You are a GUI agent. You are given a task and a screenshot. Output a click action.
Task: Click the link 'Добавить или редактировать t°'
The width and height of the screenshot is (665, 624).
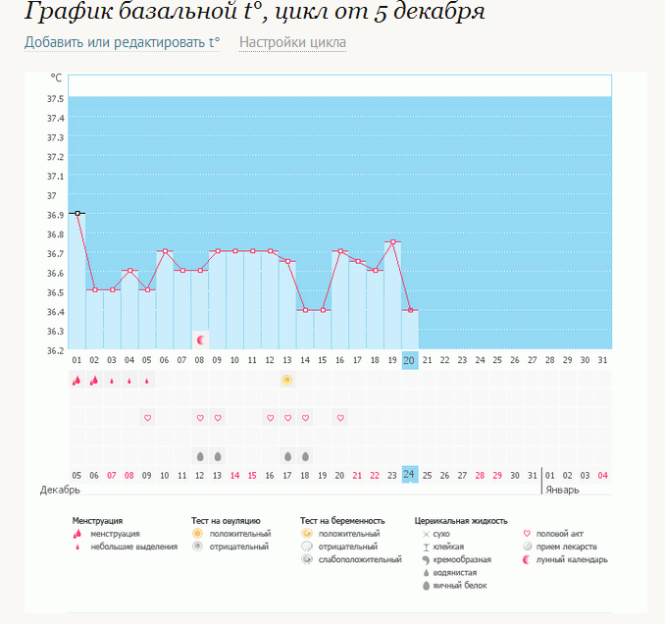(x=122, y=43)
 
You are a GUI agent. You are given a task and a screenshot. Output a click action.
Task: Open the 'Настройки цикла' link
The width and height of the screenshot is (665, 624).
(x=292, y=43)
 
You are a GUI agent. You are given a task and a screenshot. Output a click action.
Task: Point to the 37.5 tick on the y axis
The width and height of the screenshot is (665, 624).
(x=55, y=99)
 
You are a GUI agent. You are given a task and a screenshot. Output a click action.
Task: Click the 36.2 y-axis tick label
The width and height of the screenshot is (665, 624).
(x=55, y=350)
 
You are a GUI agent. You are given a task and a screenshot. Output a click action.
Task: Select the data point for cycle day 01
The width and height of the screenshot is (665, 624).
(x=77, y=213)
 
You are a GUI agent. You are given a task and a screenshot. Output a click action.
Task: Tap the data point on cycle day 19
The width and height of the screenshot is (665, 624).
(x=392, y=241)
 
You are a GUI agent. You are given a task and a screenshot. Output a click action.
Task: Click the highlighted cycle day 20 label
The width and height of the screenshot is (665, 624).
(x=410, y=361)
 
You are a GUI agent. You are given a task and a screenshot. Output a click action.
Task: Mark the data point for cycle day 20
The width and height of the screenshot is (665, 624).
(x=410, y=310)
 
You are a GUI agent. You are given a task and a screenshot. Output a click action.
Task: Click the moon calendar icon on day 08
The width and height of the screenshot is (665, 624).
(x=201, y=339)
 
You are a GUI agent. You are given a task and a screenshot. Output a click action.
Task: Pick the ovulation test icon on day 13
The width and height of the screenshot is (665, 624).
(x=287, y=380)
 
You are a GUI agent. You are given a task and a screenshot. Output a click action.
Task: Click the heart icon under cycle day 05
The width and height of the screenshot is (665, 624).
(x=148, y=418)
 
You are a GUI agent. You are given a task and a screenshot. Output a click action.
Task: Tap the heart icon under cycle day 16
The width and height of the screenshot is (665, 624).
(x=340, y=418)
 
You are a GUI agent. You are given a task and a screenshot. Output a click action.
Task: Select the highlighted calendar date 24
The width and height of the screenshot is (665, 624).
(x=410, y=476)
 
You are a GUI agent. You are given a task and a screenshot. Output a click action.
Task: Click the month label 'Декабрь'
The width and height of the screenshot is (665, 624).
(x=59, y=489)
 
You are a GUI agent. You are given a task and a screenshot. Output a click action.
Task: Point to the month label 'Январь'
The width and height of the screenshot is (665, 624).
(x=563, y=489)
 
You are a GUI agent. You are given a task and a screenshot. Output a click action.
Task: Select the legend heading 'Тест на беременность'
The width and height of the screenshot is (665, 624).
(x=342, y=520)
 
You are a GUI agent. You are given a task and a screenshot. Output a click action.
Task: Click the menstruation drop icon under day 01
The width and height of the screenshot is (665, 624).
(x=77, y=381)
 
